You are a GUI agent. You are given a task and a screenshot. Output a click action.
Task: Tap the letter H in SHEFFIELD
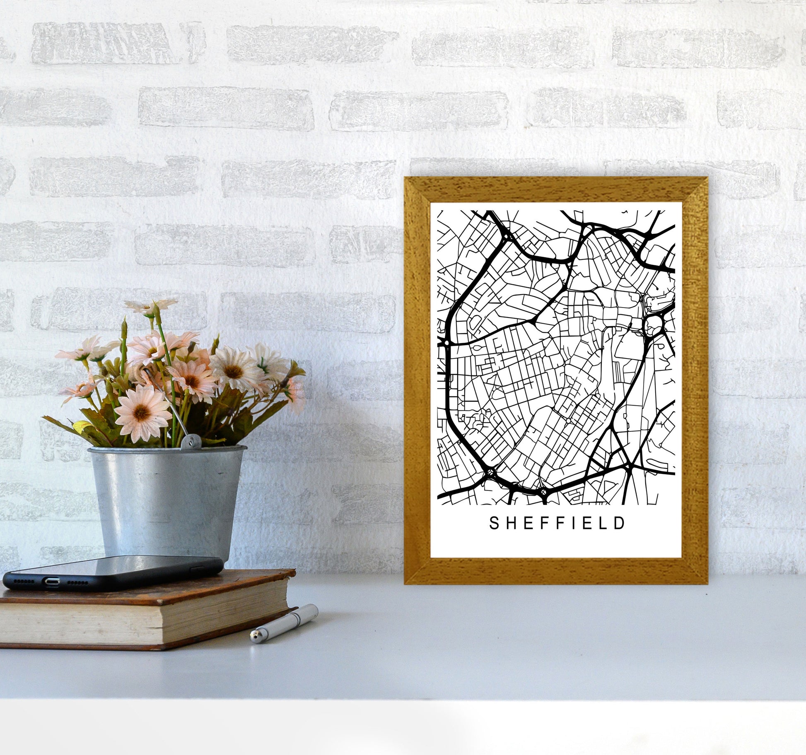511,523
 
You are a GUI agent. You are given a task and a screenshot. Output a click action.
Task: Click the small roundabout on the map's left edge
446,344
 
